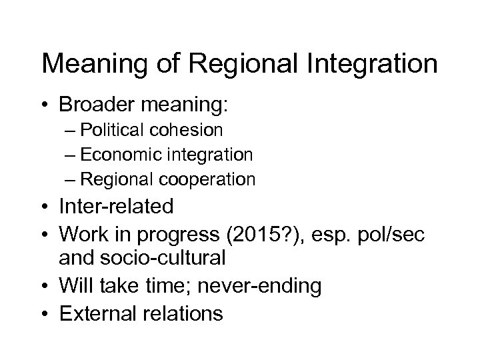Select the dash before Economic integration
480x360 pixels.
coord(70,155)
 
